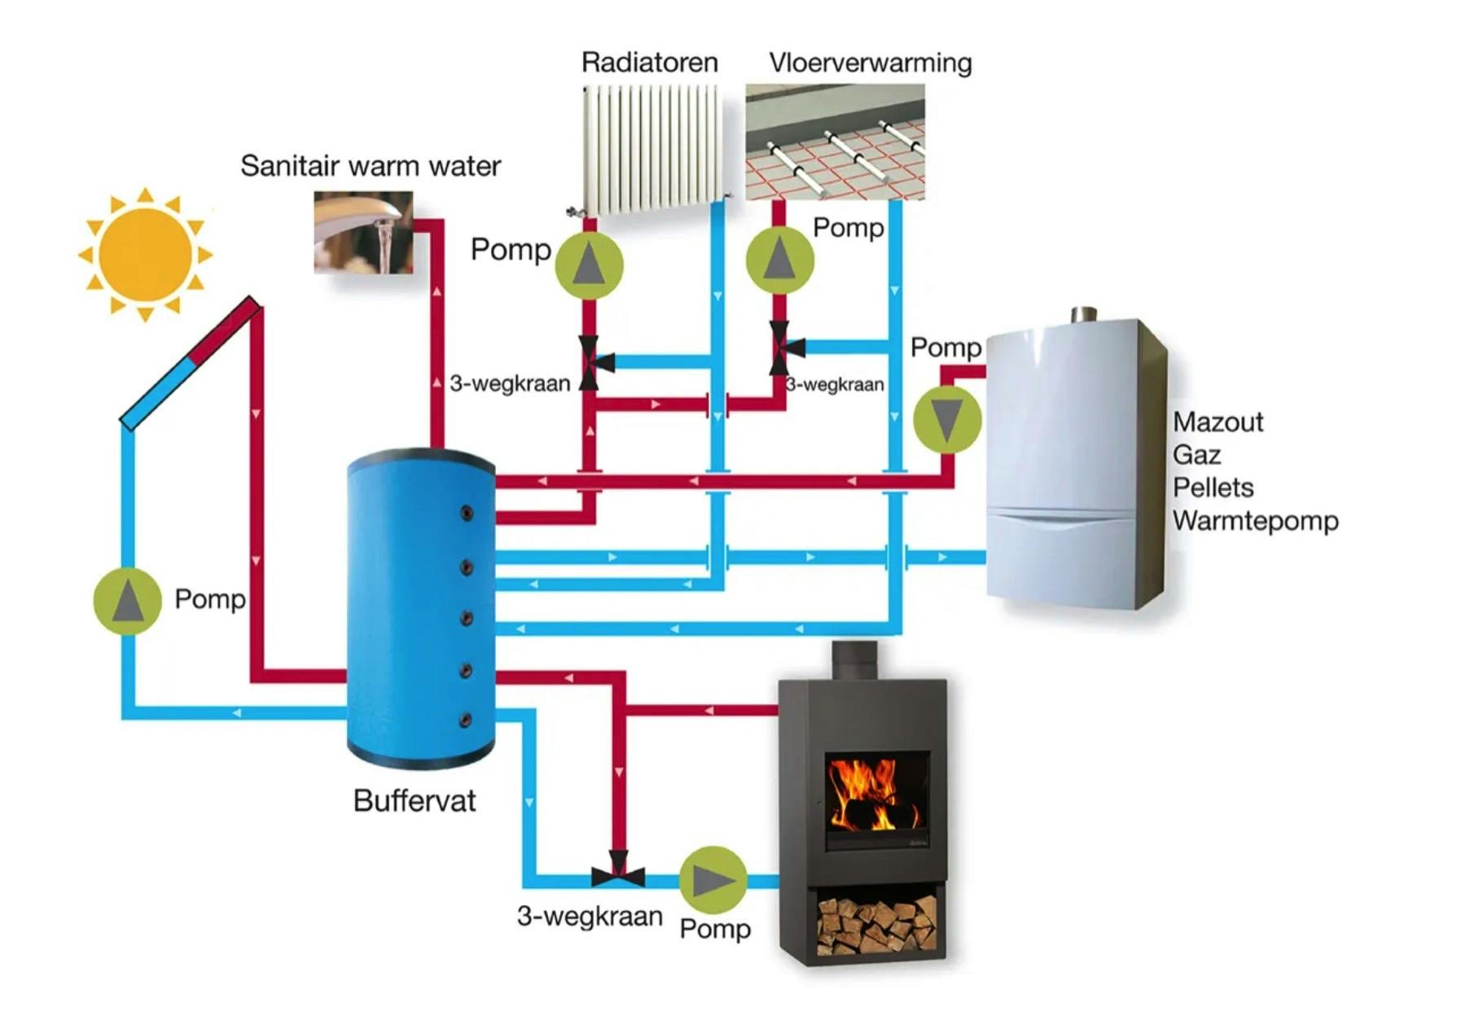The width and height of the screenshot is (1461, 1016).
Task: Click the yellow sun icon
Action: tap(145, 254)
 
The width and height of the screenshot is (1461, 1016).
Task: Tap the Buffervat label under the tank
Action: tap(414, 801)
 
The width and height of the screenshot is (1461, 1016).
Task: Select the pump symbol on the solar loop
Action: tap(128, 601)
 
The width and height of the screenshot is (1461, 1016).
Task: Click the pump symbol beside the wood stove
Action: tap(713, 879)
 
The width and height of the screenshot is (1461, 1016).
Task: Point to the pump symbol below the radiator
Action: tap(589, 265)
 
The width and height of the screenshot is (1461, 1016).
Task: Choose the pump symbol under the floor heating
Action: tap(779, 259)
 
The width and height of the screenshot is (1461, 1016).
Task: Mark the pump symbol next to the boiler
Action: tap(946, 419)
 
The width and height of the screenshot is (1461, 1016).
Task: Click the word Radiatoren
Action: tap(649, 63)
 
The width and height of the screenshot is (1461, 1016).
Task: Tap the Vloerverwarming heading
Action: tap(870, 63)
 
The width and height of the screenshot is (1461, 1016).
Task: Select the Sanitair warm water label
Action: tap(371, 166)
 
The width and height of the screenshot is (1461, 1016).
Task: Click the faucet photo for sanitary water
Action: tap(363, 232)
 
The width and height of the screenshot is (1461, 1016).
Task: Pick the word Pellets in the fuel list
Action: tap(1213, 488)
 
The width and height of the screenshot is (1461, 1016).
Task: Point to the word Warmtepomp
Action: tap(1255, 521)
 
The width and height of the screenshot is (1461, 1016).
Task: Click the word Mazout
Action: tap(1217, 422)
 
